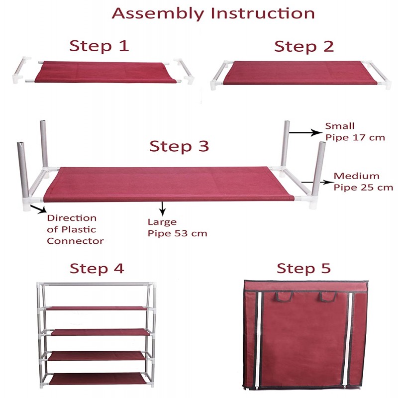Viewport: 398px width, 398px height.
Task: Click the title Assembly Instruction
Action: (x=213, y=13)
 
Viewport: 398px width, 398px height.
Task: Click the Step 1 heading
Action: (x=99, y=46)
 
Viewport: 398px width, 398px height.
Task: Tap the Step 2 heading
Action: (x=304, y=47)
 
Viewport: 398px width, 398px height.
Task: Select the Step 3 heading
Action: (x=179, y=147)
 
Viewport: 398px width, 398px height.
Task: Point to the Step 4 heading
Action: (x=97, y=269)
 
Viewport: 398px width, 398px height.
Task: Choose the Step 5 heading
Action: (x=303, y=269)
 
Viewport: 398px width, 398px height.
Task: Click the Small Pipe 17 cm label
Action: (x=354, y=132)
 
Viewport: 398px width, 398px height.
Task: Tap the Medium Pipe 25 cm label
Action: (x=363, y=182)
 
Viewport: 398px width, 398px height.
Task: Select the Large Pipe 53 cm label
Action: (x=177, y=228)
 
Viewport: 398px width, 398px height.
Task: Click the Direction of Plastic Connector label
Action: (x=75, y=229)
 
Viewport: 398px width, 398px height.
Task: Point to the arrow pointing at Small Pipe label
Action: (x=304, y=132)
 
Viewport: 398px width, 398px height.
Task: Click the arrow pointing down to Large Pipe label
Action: (x=161, y=208)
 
